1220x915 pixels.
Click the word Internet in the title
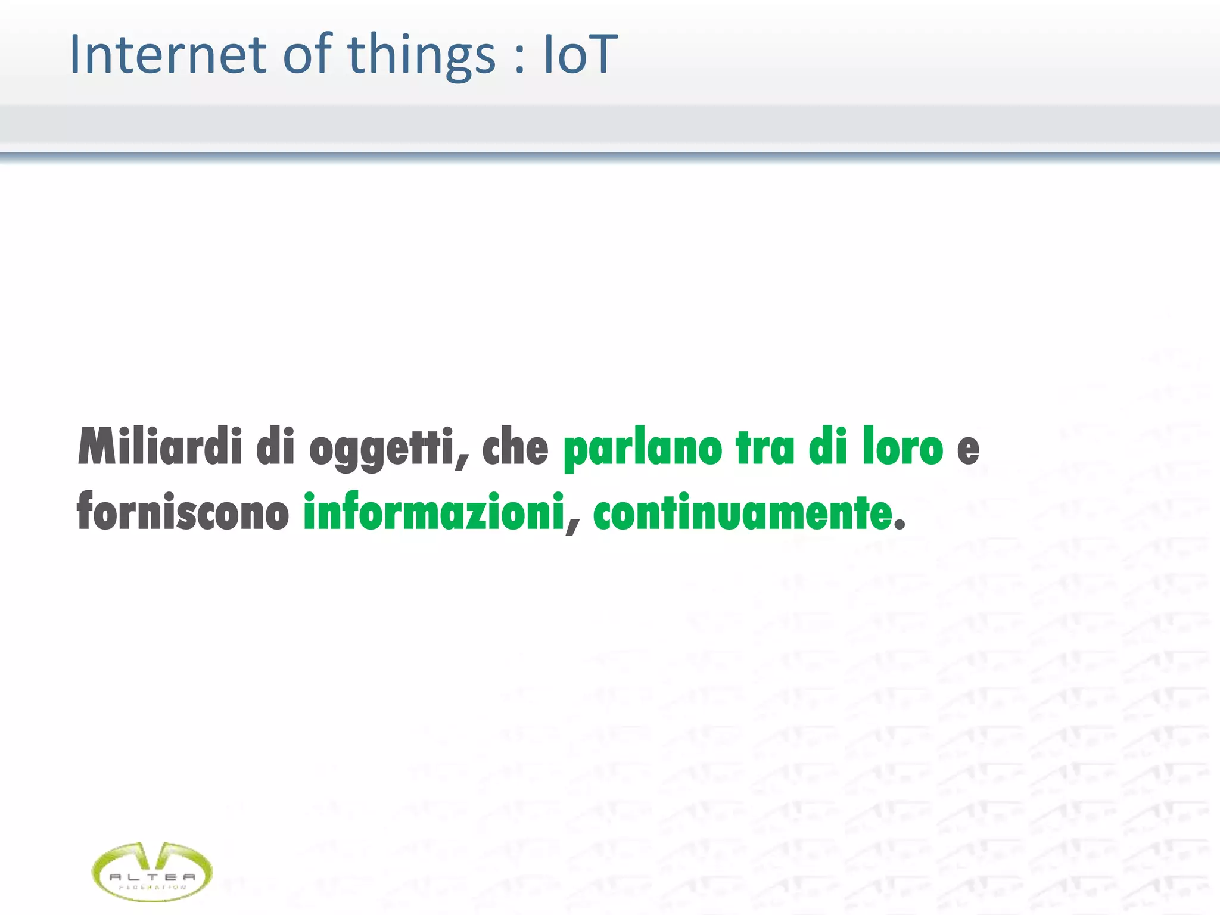tap(167, 55)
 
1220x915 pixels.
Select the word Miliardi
tap(160, 447)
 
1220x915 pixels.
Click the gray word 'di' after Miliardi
tap(276, 447)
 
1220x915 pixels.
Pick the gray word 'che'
tap(515, 447)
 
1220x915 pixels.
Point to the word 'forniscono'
tap(183, 511)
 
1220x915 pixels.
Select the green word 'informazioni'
tap(434, 511)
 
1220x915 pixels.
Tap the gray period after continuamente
tap(900, 525)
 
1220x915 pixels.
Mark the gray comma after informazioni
tap(572, 527)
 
